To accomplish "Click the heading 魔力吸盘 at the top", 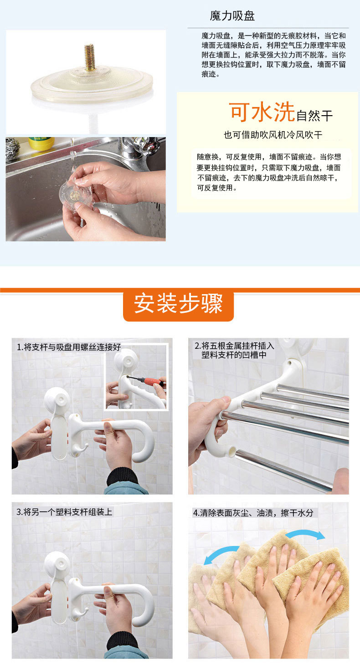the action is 232,15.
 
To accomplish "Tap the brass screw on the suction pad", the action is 90,57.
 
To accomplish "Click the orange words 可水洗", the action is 262,112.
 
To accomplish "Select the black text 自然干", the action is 314,116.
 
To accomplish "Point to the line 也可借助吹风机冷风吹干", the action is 273,135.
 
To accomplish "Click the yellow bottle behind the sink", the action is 41,143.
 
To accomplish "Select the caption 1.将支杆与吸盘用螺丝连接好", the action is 69,347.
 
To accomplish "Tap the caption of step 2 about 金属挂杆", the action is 234,350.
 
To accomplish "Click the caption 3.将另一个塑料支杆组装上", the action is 64,512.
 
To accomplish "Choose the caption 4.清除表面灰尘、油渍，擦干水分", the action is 253,513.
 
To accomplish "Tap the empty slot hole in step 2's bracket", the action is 232,452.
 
